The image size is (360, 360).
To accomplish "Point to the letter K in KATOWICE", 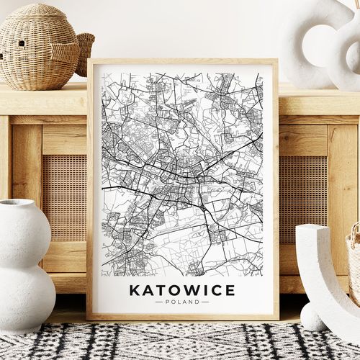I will pyautogui.click(x=134, y=290).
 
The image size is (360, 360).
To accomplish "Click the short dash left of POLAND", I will pyautogui.click(x=159, y=302).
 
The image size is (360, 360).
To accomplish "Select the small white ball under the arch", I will pyautogui.click(x=311, y=317).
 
